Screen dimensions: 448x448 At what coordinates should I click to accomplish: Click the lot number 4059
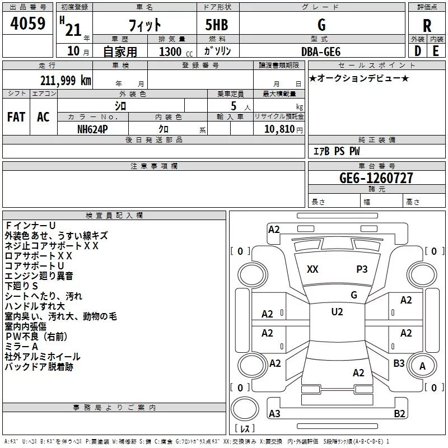point(28,24)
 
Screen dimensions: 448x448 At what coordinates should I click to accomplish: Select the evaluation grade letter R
point(427,25)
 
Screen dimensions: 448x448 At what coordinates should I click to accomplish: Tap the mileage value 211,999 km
point(66,80)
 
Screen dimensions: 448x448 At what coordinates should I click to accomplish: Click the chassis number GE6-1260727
point(376,178)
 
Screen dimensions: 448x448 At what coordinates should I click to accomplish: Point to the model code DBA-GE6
point(321,51)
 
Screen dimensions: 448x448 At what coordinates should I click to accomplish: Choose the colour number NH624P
point(93,128)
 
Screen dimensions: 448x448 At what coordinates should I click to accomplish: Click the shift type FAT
point(16,117)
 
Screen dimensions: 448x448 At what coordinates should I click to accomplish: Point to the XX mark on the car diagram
point(312,269)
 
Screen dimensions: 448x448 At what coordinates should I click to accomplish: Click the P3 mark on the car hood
point(362,269)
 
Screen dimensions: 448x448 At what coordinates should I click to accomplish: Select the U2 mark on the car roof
point(337,312)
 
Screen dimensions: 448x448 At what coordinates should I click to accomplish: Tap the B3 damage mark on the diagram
point(399,363)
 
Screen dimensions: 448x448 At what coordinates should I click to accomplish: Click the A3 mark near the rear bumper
point(274,414)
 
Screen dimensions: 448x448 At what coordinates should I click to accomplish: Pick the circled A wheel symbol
point(423,366)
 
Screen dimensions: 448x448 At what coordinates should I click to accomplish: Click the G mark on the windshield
point(353,295)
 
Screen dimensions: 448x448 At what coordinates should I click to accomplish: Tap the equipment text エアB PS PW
point(336,151)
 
